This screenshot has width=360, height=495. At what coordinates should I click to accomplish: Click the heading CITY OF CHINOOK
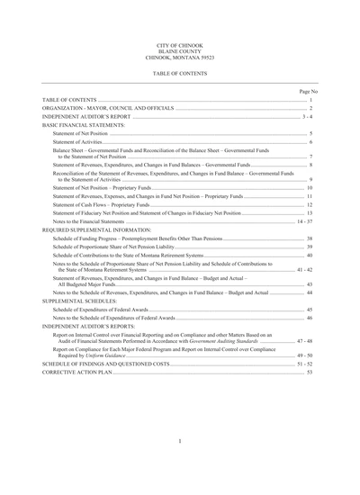180,43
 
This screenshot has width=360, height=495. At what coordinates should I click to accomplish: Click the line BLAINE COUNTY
180,49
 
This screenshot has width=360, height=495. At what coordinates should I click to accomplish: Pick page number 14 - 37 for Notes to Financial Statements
304,220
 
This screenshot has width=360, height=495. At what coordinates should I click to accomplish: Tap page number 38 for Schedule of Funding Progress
310,238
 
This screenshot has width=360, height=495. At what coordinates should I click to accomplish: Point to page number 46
310,318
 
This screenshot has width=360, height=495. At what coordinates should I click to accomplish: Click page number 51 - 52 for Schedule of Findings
305,364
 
